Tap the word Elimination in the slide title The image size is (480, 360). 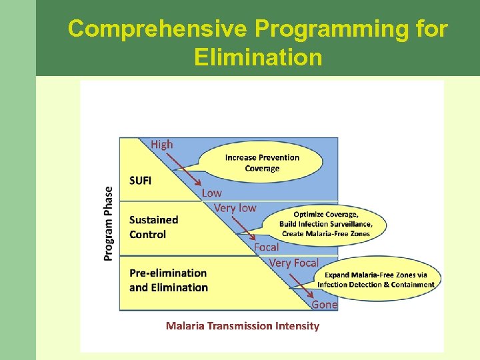tap(258, 57)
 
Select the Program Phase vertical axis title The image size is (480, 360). tap(108, 223)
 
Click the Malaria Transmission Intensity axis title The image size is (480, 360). tap(243, 326)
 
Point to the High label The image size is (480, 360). tap(161, 144)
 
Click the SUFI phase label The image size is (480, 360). tap(141, 180)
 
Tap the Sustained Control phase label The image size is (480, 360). tap(153, 227)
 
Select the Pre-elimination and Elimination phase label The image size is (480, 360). tap(168, 280)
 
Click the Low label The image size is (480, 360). tap(211, 193)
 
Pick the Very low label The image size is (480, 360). tap(235, 208)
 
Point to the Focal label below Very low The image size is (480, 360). tap(266, 247)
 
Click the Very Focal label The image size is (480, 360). tap(293, 263)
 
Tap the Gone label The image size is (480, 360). tap(325, 305)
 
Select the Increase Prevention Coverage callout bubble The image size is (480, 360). tap(262, 163)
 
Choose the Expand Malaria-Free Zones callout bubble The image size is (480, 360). tap(375, 279)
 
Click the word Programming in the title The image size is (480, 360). tap(351, 29)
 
